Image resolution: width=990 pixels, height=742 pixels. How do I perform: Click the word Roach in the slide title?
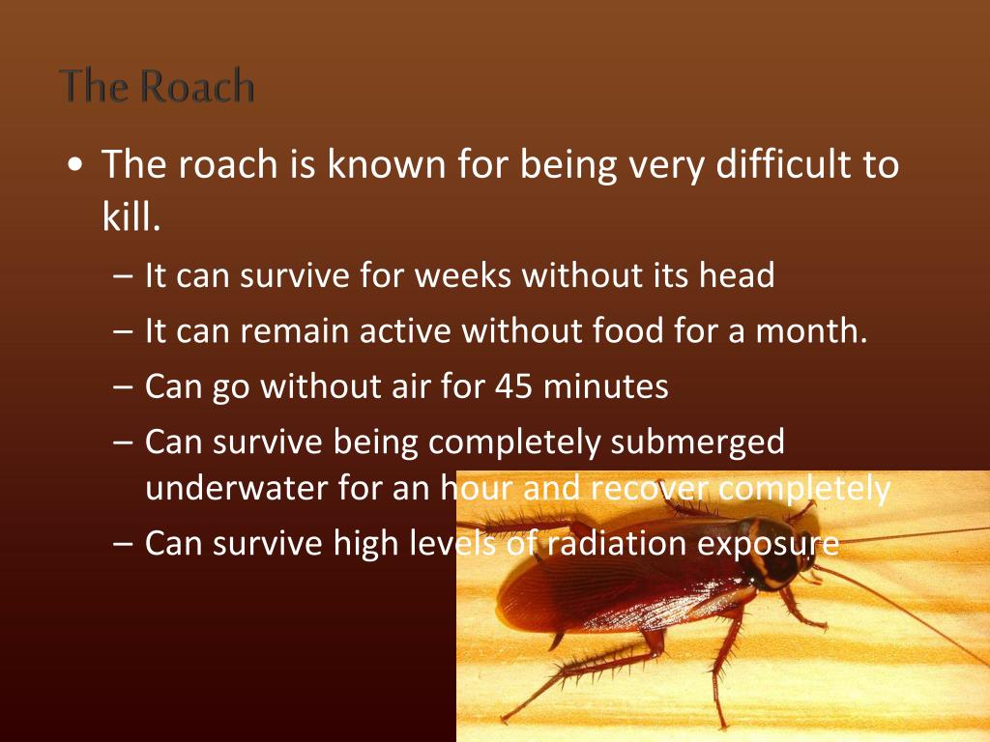196,86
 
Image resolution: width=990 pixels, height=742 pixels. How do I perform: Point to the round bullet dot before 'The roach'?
76,166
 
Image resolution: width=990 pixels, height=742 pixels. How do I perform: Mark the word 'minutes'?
605,387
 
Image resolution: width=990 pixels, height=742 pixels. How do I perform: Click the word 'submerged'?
698,442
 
